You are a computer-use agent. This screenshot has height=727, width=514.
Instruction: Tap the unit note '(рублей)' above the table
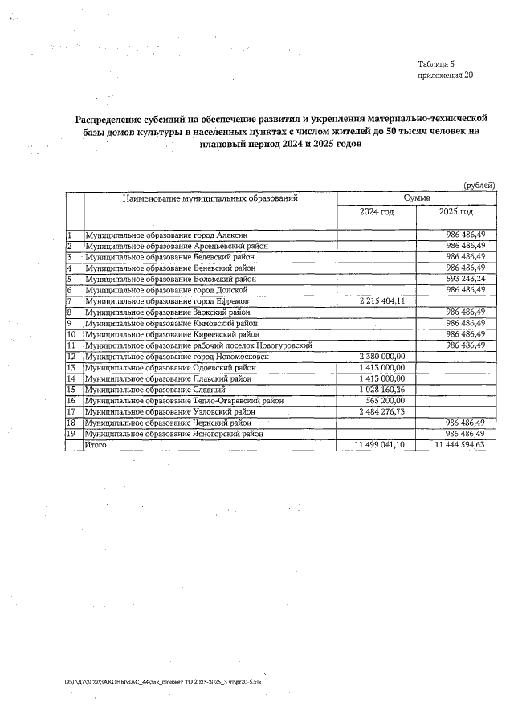pos(479,186)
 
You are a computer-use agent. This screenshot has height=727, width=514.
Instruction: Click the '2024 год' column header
pos(377,212)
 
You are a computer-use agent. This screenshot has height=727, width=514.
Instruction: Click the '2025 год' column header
pos(456,212)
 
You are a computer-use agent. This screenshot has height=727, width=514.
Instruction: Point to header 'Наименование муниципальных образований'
pos(210,197)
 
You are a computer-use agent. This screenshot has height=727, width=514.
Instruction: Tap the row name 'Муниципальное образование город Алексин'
pos(161,234)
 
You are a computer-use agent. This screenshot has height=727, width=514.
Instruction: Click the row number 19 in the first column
pos(71,434)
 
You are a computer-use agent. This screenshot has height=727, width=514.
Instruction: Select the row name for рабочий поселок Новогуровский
pos(198,345)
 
